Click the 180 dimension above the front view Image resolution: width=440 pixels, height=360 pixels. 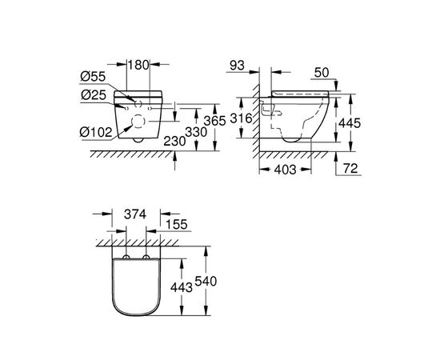138,63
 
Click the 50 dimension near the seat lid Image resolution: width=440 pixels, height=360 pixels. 321,73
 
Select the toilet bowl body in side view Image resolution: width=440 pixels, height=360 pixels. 300,120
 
